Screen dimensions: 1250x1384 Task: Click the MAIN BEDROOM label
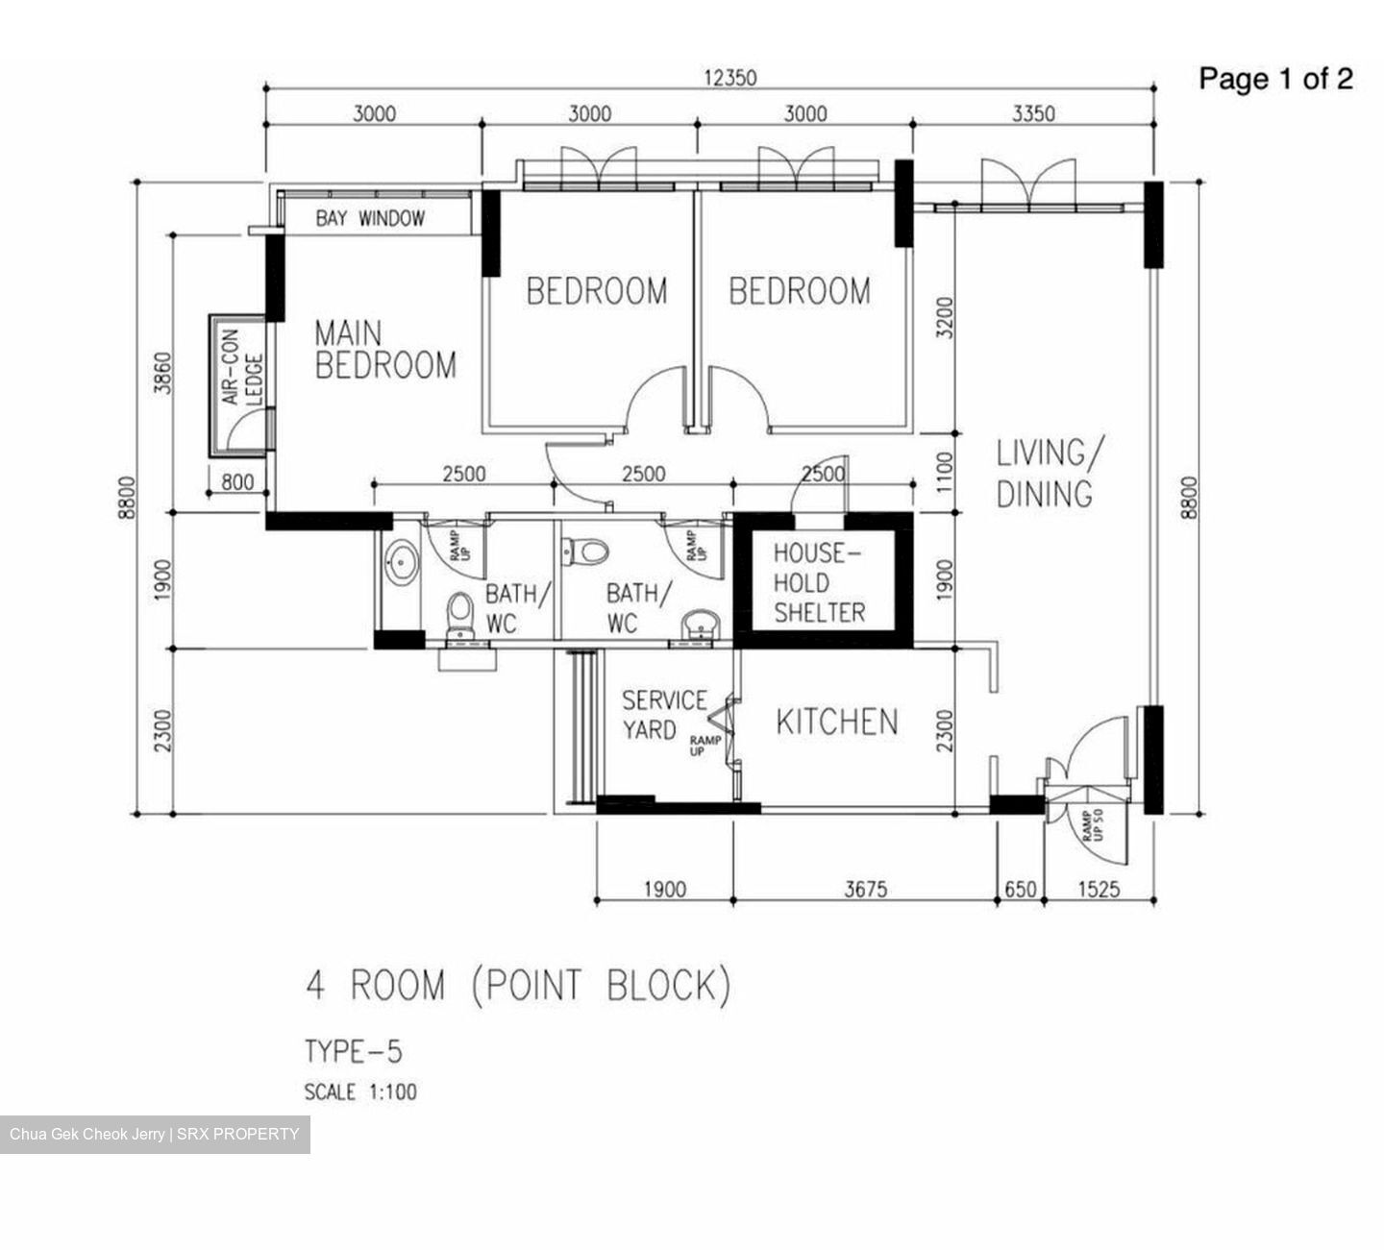(x=384, y=350)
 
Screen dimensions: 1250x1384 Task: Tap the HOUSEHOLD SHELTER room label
(x=819, y=583)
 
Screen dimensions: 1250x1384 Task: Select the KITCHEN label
(x=836, y=722)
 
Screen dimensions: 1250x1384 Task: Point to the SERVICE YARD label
(x=663, y=715)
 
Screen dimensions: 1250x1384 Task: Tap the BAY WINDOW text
(x=370, y=219)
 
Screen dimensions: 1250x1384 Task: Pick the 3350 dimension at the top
(x=1033, y=114)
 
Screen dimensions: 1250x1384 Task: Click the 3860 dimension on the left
(x=162, y=373)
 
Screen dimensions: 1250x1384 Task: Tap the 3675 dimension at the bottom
(x=865, y=890)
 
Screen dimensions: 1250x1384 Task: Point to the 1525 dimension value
(x=1098, y=890)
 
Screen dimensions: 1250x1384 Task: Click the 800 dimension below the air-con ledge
(x=238, y=481)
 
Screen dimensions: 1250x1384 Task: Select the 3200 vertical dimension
(x=945, y=318)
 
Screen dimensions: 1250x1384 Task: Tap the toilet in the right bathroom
(x=586, y=551)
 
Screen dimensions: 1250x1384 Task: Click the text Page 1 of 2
(x=1275, y=79)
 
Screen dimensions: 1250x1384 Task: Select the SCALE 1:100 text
(x=360, y=1092)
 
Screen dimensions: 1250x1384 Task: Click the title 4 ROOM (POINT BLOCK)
(x=518, y=987)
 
